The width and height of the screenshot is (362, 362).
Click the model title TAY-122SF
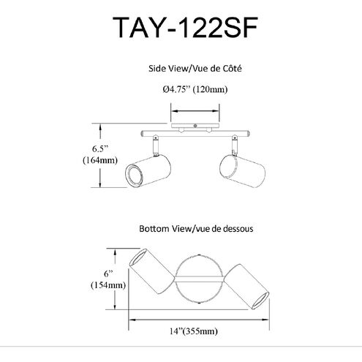(x=185, y=27)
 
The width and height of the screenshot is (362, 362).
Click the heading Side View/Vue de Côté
(x=195, y=69)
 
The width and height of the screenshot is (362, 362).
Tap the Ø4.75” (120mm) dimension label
(x=195, y=89)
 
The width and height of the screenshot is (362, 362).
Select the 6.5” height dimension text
(x=100, y=148)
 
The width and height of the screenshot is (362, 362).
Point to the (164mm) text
(x=100, y=160)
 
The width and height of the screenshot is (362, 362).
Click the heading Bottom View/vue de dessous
(x=196, y=229)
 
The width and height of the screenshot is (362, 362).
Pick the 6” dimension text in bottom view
(x=108, y=274)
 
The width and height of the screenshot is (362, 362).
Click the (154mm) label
(x=108, y=285)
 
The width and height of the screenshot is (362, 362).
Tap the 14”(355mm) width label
(x=194, y=331)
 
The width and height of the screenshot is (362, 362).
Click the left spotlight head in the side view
(x=148, y=171)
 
